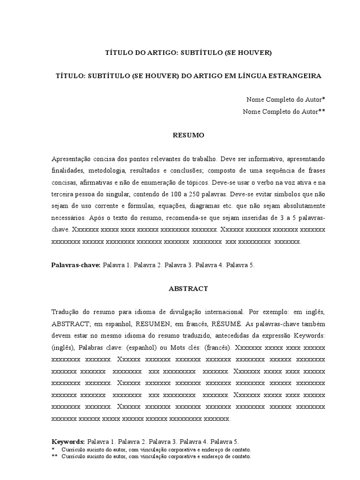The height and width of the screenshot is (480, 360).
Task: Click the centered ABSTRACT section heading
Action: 188,289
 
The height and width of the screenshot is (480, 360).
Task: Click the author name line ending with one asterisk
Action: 285,100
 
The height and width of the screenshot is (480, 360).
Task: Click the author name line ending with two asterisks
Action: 284,112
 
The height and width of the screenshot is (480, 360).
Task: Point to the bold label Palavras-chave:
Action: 75,265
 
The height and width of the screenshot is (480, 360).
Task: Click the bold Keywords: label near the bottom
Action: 67,442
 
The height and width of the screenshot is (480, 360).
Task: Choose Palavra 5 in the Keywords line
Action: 225,442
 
